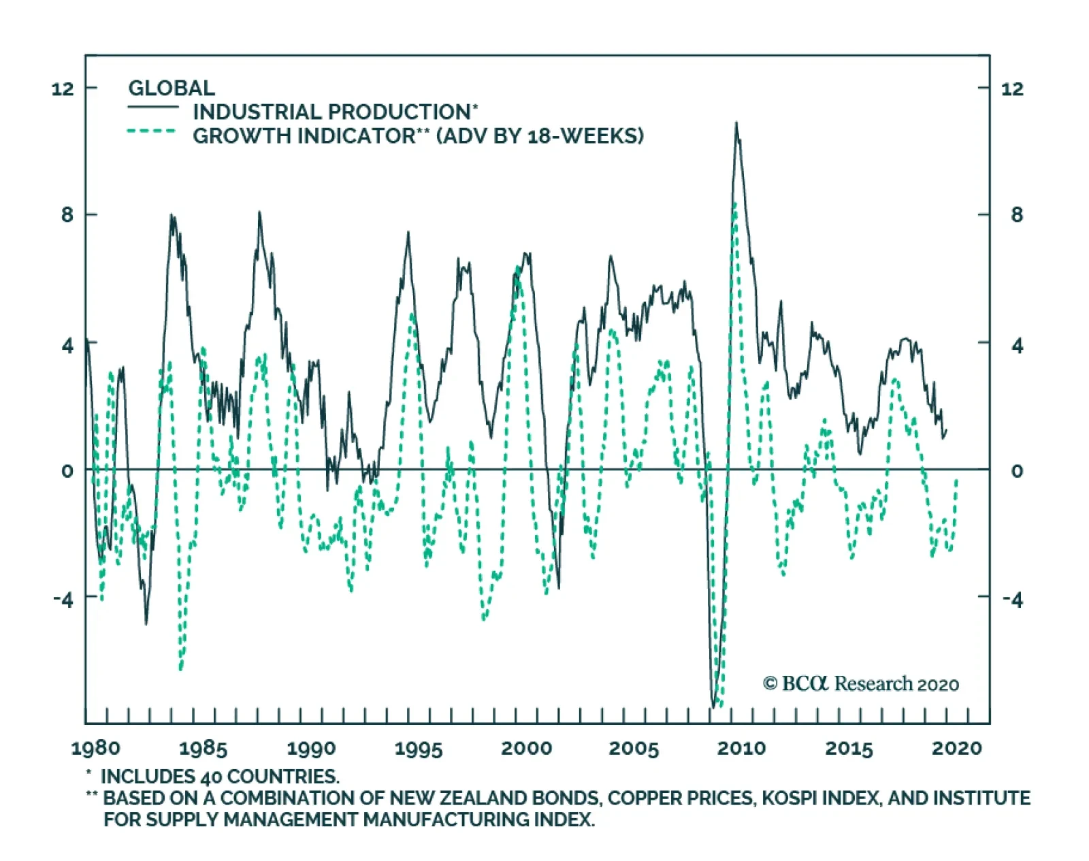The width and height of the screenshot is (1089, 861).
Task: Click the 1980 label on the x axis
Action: tap(95, 748)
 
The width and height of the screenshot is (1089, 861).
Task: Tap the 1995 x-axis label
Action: tap(419, 748)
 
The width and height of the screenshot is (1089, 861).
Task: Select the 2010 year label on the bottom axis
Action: tap(741, 748)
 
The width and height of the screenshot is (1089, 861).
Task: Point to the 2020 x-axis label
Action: tap(957, 748)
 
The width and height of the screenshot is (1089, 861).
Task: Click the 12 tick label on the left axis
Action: tap(63, 88)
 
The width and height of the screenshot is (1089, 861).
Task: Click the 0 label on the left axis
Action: tap(67, 470)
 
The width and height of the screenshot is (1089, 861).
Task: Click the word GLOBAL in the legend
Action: tap(172, 88)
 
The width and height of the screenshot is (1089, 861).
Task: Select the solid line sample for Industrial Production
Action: tap(153, 108)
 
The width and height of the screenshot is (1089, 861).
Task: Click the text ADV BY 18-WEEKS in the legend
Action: tap(540, 135)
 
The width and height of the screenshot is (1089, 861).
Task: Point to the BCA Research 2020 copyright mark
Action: tap(861, 683)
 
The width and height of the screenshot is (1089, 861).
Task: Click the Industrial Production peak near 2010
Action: tap(736, 123)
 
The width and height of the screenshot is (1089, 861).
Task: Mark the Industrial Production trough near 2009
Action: tap(713, 706)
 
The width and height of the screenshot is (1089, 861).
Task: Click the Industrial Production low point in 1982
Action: tap(146, 623)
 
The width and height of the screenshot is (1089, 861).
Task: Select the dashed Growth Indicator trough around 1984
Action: tap(180, 669)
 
